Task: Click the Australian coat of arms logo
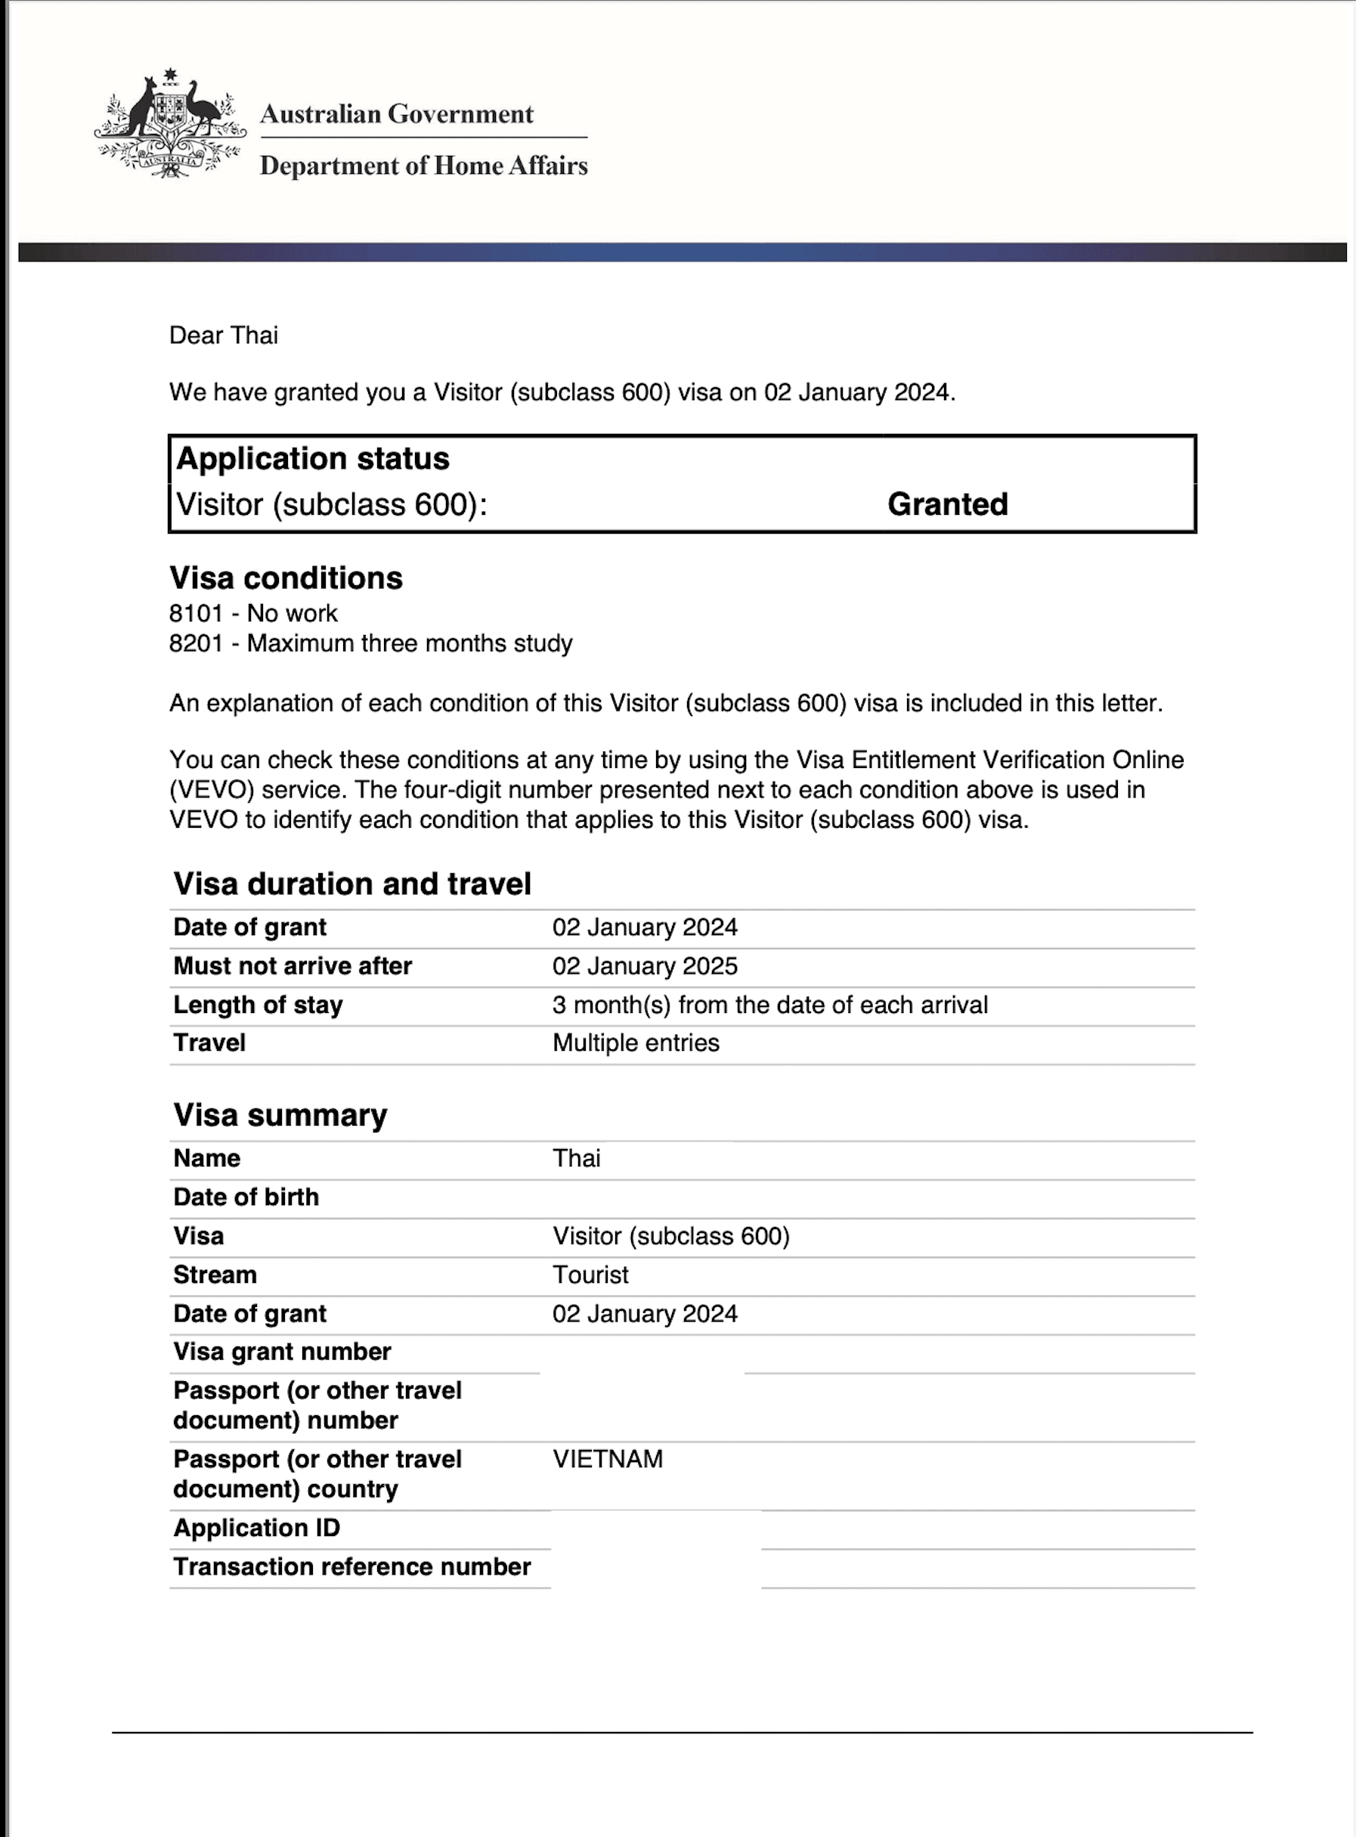coord(170,124)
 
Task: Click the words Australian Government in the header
coord(397,114)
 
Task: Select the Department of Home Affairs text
coord(423,166)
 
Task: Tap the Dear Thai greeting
coord(223,335)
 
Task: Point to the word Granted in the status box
coord(947,504)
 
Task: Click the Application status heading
coord(313,458)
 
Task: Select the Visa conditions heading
coord(286,578)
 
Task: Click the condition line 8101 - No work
coord(252,613)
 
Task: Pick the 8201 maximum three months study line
coord(370,643)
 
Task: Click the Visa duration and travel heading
coord(352,884)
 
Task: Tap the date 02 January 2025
coord(644,966)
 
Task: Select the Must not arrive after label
coord(293,966)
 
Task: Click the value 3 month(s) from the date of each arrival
coord(769,1005)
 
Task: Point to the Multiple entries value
coord(636,1042)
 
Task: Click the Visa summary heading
coord(280,1115)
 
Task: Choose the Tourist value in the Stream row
coord(590,1275)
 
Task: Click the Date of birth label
coord(246,1197)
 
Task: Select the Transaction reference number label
coord(351,1566)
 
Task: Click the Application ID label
coord(256,1528)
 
